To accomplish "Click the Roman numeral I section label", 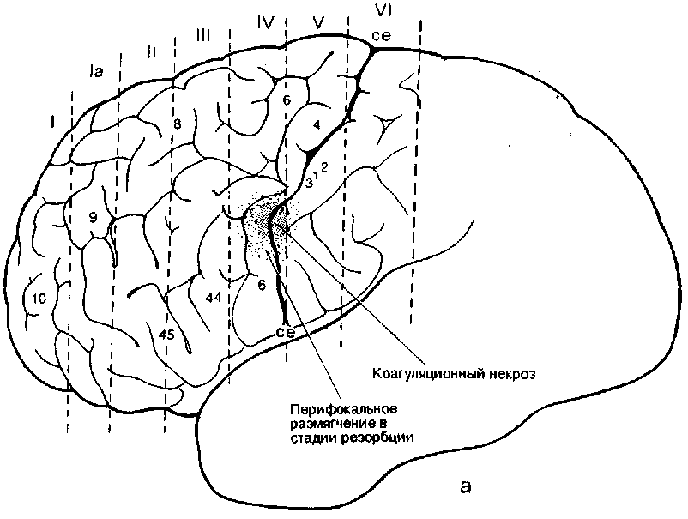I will (53, 125).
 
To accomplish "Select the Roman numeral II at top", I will (151, 51).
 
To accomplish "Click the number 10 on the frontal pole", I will (38, 299).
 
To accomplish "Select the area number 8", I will (178, 124).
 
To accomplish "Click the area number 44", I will (214, 296).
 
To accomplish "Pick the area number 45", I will (167, 335).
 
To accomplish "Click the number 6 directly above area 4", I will (287, 100).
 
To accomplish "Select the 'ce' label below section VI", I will (381, 36).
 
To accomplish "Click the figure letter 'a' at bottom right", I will (464, 486).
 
